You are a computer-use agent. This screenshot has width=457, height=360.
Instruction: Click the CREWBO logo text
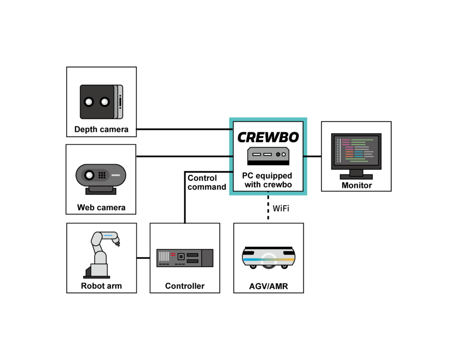(268, 137)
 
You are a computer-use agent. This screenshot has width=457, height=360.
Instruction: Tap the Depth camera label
(101, 129)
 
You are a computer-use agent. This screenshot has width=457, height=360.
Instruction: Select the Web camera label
(101, 207)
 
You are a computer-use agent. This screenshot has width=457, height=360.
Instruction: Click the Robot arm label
(101, 286)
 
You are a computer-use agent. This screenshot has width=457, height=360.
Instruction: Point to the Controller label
(185, 286)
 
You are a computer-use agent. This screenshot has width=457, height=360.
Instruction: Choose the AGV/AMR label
(269, 286)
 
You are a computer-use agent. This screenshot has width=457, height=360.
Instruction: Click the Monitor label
(356, 185)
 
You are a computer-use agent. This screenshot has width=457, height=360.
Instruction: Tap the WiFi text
(281, 208)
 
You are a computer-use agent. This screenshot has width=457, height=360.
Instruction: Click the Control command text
(206, 182)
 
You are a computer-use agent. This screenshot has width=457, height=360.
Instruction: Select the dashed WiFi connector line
(268, 208)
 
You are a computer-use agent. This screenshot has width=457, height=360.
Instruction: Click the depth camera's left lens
(89, 102)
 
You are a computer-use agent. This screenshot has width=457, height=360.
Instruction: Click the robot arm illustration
(101, 254)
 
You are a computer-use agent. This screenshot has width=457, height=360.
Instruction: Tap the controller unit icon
(185, 258)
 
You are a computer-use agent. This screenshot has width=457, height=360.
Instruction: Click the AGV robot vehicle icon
(269, 257)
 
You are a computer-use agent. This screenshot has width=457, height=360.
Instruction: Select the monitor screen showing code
(356, 151)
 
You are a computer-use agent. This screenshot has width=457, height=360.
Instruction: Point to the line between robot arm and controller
(143, 258)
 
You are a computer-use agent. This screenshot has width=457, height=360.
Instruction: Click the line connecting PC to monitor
(312, 156)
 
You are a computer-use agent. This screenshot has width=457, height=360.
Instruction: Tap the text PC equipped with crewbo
(267, 180)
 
